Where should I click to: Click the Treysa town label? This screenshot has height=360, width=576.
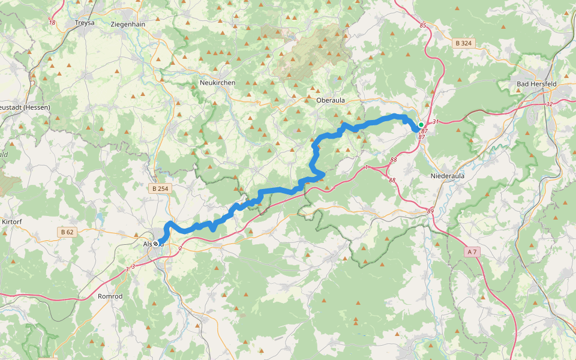click(85, 23)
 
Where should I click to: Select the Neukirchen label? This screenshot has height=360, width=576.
click(217, 82)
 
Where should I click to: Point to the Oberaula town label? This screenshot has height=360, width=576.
click(330, 100)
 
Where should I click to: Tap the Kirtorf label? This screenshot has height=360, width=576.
click(13, 221)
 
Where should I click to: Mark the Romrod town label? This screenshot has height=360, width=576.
click(110, 296)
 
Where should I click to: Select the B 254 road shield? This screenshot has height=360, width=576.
click(160, 188)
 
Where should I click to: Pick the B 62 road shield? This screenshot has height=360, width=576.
click(67, 232)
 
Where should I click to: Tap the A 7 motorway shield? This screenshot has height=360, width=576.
click(472, 252)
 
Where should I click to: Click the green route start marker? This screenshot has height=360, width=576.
click(421, 125)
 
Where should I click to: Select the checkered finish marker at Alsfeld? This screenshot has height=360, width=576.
click(156, 244)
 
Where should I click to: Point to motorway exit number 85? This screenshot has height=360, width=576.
click(423, 25)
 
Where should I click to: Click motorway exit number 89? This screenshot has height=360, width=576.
click(430, 211)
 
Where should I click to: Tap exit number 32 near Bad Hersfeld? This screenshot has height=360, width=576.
click(549, 104)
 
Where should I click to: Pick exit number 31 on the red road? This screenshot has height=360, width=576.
click(436, 122)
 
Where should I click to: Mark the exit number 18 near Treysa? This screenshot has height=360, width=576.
click(52, 23)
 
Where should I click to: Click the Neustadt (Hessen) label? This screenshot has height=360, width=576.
click(24, 107)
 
